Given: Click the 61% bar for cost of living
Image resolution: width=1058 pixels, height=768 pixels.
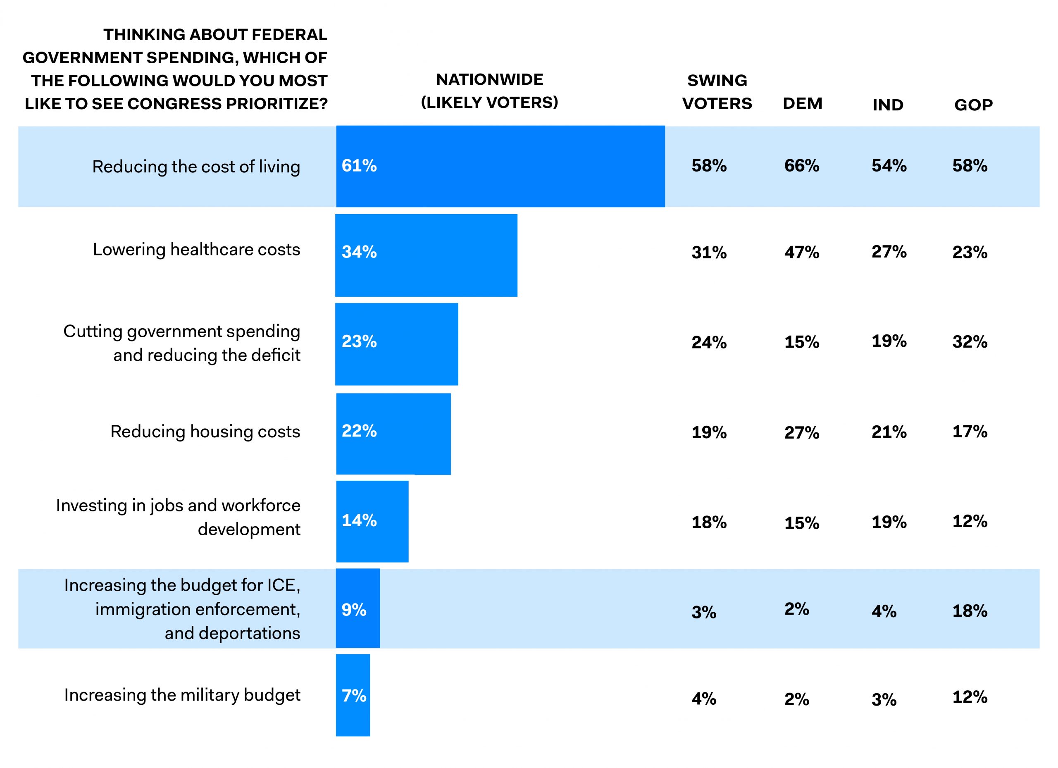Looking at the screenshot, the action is coord(500,166).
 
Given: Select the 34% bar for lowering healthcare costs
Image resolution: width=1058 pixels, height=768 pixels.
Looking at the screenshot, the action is coord(427,255).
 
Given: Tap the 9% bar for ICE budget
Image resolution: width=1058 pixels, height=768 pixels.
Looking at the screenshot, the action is coord(358,608).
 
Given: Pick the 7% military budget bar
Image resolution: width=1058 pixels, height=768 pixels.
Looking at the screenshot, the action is coord(353,695).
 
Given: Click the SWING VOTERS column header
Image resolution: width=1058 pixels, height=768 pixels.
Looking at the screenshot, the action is coord(717,92).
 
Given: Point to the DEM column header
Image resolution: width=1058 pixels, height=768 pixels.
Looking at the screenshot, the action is coord(802,103).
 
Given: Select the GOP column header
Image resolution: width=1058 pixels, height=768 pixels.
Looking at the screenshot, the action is coord(974,105).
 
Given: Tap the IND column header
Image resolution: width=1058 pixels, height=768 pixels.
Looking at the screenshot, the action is coord(888,105).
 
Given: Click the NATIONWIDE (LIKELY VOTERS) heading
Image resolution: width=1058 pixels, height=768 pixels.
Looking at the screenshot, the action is coord(489,91).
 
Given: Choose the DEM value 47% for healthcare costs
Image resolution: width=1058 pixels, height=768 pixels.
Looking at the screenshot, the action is coord(801,253).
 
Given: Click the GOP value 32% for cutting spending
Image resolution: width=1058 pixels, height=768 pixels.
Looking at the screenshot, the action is coord(970,341).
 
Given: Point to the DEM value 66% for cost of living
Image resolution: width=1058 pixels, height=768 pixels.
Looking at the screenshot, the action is coord(801,166).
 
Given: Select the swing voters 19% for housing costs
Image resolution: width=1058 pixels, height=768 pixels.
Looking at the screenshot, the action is coord(709,432).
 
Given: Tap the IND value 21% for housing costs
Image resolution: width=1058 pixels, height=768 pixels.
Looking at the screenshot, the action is coord(889,432).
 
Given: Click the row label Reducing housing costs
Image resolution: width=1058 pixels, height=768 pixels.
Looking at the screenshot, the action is coord(205,432).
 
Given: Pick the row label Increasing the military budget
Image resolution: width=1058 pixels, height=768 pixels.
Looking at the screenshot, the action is coord(182,695).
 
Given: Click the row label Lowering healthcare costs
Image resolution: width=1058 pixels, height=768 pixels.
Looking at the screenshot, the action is coord(196,250).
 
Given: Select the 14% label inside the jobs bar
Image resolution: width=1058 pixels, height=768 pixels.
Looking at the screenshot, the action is coord(359,520).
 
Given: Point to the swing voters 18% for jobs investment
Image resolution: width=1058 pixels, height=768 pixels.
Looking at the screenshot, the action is coord(709,522).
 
